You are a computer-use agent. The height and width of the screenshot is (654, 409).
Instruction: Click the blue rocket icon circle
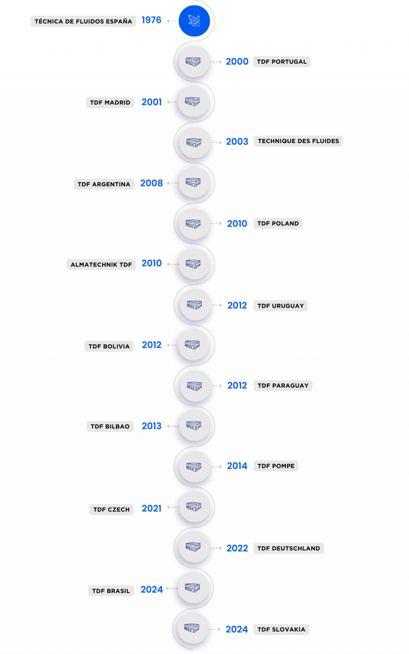[x=194, y=21]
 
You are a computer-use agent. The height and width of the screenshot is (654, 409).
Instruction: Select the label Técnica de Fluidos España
[x=83, y=21]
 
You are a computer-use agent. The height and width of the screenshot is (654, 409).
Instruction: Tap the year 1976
[x=152, y=21]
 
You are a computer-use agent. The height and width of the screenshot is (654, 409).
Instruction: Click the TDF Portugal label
[x=282, y=62]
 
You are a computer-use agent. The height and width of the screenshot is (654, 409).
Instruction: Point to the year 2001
[x=152, y=102]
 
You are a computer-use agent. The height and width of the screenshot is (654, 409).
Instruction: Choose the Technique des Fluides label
[x=298, y=141]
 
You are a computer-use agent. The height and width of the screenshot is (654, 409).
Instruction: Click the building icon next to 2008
[x=193, y=182]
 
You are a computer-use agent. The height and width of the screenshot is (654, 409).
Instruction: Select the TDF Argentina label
[x=104, y=184]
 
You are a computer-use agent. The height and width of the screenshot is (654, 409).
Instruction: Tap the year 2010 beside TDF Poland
[x=237, y=223]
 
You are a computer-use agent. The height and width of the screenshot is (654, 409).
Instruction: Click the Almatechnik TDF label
[x=101, y=264]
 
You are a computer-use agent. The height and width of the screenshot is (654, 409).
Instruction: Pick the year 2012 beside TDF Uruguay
[x=237, y=305]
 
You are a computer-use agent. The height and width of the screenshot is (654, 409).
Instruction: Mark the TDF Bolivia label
[x=109, y=346]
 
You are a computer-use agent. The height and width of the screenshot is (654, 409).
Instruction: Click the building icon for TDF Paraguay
[x=195, y=386]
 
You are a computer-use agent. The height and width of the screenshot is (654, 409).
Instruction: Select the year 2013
[x=152, y=426]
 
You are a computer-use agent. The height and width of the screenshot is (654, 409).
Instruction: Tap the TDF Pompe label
[x=276, y=466]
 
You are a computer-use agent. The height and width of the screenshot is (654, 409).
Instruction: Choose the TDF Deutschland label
[x=289, y=548]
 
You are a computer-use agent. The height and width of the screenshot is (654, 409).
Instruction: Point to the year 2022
[x=237, y=548]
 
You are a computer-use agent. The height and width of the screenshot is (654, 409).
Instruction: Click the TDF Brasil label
[x=111, y=591]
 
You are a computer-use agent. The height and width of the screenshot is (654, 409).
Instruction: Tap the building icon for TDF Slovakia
[x=193, y=628]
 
